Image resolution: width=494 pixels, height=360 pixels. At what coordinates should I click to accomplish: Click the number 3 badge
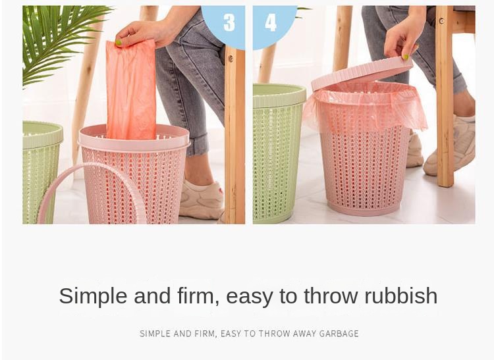coord(229,22)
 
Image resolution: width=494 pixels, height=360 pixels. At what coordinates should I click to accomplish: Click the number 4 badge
coord(271,22)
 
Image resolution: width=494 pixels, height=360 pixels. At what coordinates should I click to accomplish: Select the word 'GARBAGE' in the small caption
coord(339,334)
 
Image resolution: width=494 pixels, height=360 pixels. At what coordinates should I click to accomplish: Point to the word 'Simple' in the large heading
coord(93,296)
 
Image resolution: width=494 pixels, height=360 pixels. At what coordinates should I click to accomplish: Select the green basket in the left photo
coord(41,171)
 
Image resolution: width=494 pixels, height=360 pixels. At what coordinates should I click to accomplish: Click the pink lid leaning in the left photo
coord(92,191)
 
